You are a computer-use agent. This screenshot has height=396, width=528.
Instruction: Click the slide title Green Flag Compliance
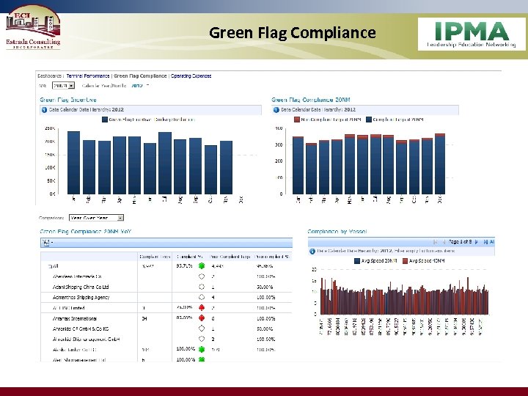292,33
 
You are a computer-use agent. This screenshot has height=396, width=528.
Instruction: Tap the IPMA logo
472,34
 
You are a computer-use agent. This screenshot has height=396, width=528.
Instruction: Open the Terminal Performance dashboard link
88,76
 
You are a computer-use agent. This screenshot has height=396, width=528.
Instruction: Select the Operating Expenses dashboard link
191,76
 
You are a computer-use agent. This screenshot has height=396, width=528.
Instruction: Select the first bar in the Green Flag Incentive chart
73,163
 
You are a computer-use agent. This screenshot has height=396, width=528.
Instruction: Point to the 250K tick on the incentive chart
51,128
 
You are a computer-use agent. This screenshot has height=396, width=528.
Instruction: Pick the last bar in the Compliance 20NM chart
440,164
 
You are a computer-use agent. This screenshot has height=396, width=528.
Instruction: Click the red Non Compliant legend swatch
297,119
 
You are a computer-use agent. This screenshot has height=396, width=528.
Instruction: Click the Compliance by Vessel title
337,232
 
